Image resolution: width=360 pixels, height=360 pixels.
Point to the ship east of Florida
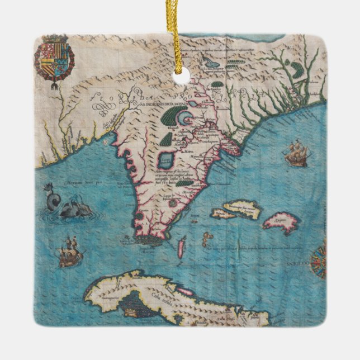[x=296, y=154]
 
